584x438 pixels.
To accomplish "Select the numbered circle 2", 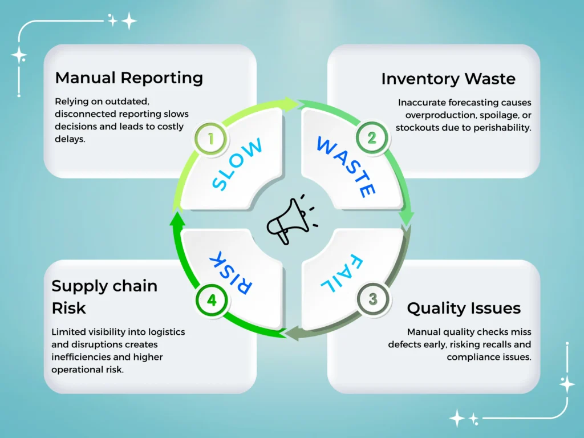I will [x=371, y=137].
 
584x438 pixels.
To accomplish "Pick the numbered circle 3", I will [x=372, y=299].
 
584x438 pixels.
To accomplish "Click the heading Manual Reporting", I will [x=129, y=78].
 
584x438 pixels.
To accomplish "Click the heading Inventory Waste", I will [x=448, y=79].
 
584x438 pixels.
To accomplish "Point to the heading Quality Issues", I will [x=464, y=309].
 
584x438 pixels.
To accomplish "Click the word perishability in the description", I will [x=499, y=127].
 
